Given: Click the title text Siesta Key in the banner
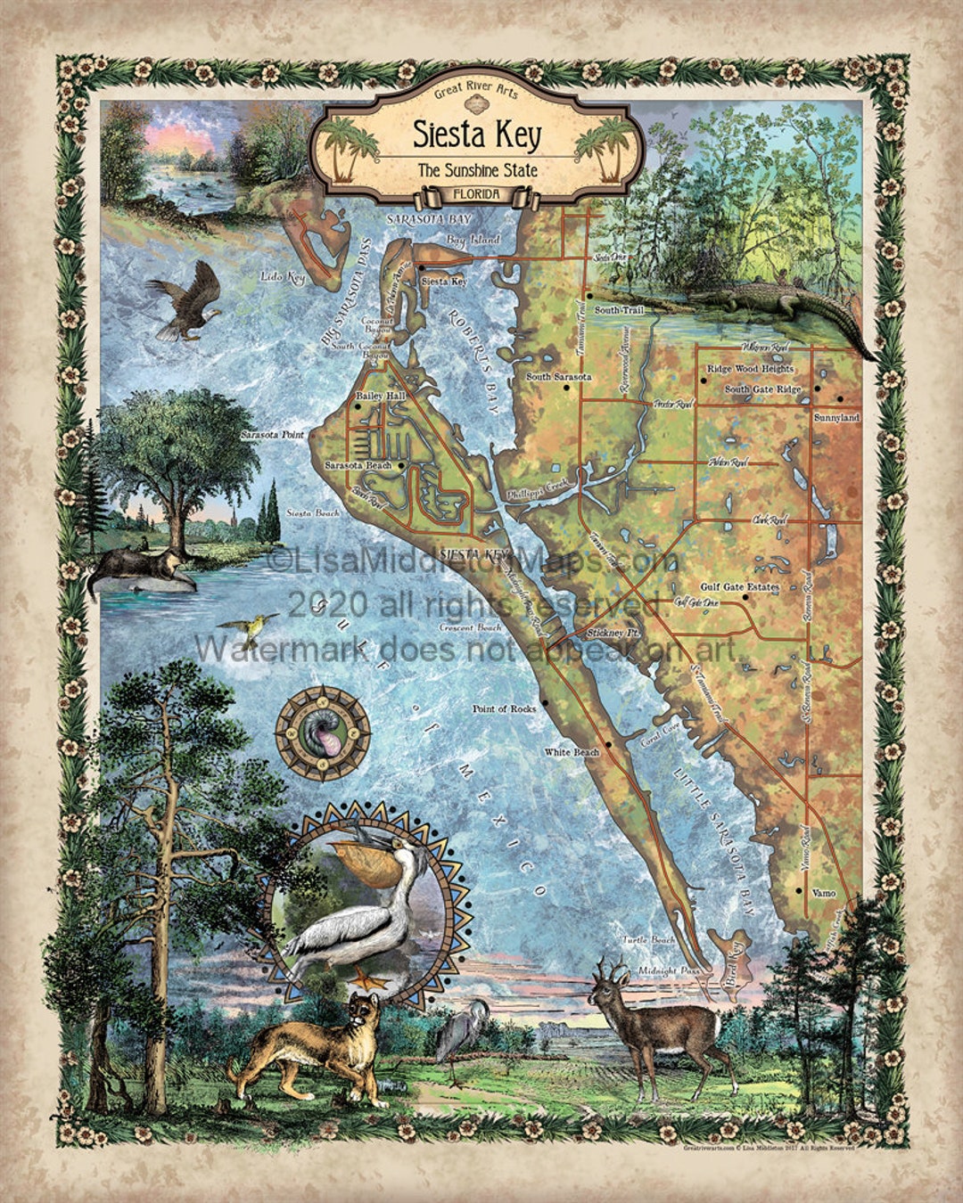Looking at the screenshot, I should (x=476, y=135).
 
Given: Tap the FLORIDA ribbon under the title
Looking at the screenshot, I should (x=475, y=194).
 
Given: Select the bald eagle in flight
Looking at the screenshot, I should (x=185, y=303).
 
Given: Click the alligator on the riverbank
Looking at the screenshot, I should (x=785, y=307).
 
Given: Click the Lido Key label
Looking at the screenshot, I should (x=283, y=278).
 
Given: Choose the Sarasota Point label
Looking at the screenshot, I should (x=272, y=435).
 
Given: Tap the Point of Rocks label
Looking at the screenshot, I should (x=504, y=708).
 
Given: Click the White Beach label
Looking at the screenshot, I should (x=572, y=752).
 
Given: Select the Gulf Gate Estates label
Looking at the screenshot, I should (x=739, y=587).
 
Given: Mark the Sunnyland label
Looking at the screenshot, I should (x=836, y=417).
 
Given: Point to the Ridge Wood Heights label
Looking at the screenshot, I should (x=749, y=369).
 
